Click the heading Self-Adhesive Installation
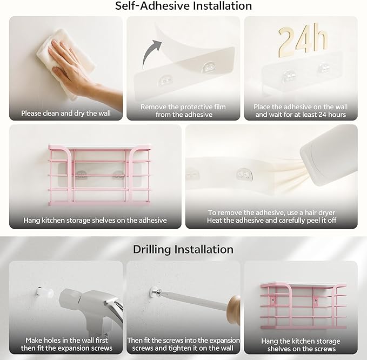(184, 6)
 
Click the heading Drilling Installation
(183, 250)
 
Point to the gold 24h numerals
(302, 40)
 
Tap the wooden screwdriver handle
(233, 309)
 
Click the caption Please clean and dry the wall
(66, 114)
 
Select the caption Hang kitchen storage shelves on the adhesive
(95, 220)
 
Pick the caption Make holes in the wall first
(66, 340)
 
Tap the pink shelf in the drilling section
(303, 305)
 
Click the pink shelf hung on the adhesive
(99, 175)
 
